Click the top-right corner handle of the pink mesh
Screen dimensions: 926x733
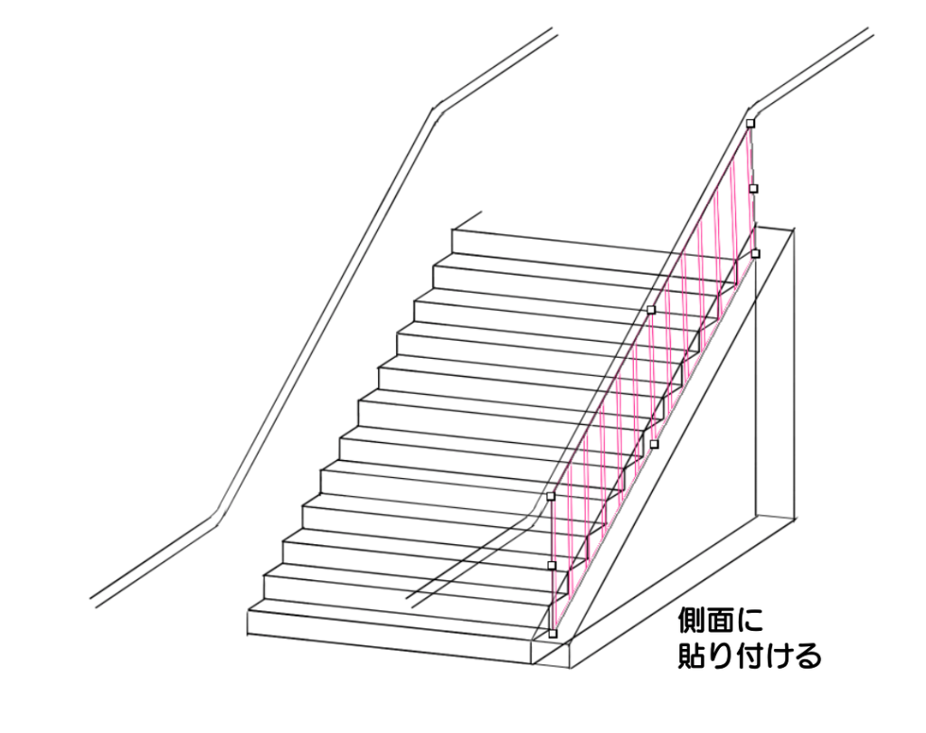pyautogui.click(x=751, y=123)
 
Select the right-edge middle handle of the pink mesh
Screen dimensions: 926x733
pyautogui.click(x=753, y=188)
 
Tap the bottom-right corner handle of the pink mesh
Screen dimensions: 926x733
pyautogui.click(x=756, y=253)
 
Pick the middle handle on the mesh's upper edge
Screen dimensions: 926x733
pyautogui.click(x=651, y=309)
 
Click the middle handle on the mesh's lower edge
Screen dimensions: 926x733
pyautogui.click(x=655, y=444)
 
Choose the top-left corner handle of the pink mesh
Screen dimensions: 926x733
pyautogui.click(x=551, y=496)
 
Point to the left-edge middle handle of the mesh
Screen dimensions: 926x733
pyautogui.click(x=552, y=565)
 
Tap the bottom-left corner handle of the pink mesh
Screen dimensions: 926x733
pyautogui.click(x=553, y=633)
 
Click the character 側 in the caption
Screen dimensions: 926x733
pyautogui.click(x=694, y=622)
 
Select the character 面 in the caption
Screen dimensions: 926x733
pyautogui.click(x=723, y=622)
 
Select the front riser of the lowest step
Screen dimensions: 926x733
pyautogui.click(x=389, y=631)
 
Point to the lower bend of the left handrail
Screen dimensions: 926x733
pyautogui.click(x=217, y=519)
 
